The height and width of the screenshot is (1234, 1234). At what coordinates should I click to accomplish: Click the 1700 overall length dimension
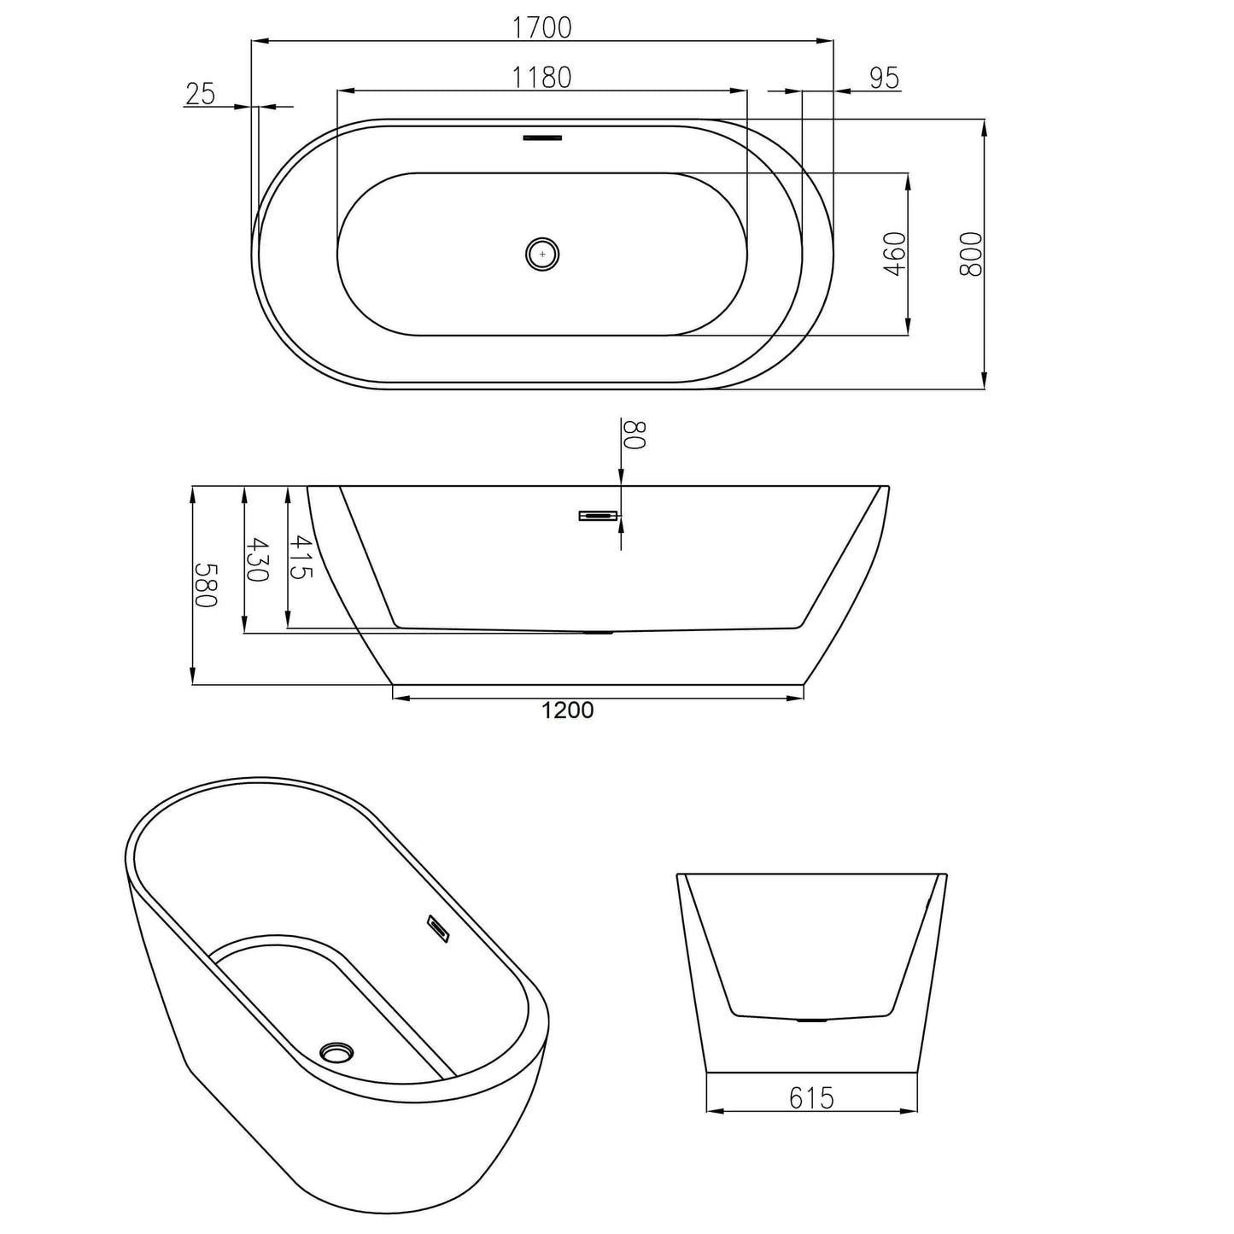541,27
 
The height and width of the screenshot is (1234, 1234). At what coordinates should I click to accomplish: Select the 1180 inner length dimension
541,77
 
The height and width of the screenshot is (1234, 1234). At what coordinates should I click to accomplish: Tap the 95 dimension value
884,78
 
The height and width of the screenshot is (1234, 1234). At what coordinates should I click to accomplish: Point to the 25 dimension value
200,94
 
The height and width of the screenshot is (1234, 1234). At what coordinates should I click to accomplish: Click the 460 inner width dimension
894,254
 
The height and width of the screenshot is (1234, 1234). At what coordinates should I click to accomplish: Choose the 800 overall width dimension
971,254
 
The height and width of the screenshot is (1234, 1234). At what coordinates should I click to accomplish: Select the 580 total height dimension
207,585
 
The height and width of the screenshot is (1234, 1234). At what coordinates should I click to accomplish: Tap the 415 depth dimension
300,557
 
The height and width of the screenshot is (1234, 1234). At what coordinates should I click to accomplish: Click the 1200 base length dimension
567,711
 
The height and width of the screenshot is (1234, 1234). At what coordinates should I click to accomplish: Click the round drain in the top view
541,254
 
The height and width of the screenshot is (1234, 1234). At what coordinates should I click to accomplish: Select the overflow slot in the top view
542,137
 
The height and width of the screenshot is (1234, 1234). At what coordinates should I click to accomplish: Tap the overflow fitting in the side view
598,515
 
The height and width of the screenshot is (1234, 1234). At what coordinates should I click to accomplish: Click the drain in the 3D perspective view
336,1051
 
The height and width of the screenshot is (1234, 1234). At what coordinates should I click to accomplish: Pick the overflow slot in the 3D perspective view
438,928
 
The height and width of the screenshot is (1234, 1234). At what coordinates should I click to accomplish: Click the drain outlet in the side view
597,633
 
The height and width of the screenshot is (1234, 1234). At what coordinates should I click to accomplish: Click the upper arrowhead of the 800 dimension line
985,127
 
